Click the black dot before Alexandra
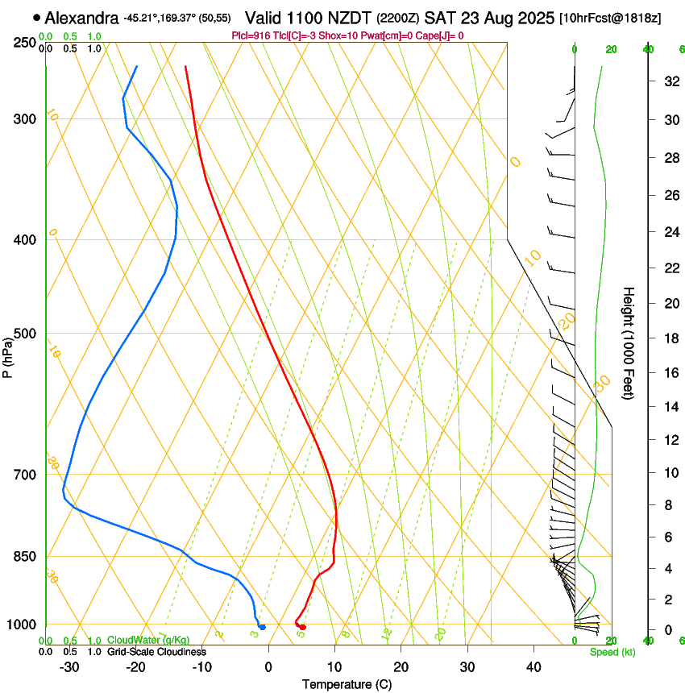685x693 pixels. point(37,17)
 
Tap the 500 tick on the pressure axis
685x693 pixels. point(24,334)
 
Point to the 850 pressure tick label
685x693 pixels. point(24,556)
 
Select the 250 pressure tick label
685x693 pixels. point(24,42)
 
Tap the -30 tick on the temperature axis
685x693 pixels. point(68,666)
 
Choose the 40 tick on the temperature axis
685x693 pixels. point(533,666)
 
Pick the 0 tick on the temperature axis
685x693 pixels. point(268,666)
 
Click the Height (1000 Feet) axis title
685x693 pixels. point(629,342)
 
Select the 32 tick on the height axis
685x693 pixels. point(669,81)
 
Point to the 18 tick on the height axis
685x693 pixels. point(669,338)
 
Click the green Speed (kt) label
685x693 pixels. point(612,652)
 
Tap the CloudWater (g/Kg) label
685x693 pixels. point(137,641)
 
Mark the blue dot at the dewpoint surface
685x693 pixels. point(262,627)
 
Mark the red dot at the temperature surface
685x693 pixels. point(302,627)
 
